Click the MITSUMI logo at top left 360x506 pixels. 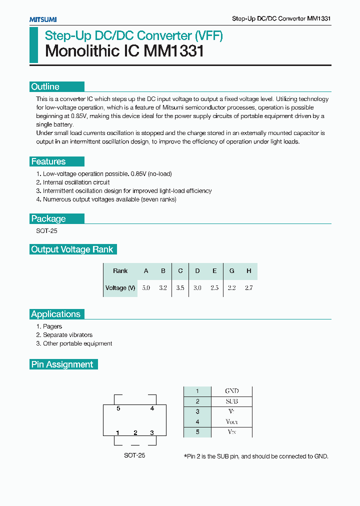coord(43,19)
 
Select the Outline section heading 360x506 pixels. coord(45,86)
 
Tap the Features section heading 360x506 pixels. coord(48,161)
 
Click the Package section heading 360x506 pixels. coord(48,218)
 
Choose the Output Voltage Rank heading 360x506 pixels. coord(72,249)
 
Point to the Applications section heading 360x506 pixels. coord(56,314)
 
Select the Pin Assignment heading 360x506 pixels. coord(62,364)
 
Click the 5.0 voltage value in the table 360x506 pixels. coord(146,288)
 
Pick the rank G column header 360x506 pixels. coord(231,271)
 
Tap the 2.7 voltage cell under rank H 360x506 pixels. coord(248,288)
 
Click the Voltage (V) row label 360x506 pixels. coord(120,288)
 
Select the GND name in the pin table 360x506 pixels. coord(231,391)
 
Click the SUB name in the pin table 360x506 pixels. coord(231,401)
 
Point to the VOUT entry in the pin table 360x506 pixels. coord(231,422)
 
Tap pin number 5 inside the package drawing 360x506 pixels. coord(118,408)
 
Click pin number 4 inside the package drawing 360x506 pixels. coord(152,408)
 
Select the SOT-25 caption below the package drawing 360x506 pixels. coord(134,455)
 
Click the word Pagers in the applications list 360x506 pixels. coord(52,326)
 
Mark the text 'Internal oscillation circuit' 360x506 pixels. coord(76,182)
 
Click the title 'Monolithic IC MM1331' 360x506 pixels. coord(124,51)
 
